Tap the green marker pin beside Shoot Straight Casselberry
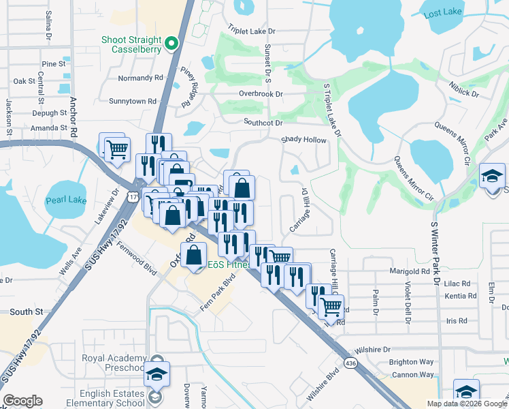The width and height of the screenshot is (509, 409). (x=171, y=46)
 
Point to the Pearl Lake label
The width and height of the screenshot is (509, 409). (x=65, y=201)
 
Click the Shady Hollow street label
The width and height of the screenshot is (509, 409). (x=304, y=140)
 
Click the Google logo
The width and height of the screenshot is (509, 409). (x=22, y=401)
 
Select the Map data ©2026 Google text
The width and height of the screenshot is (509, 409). (x=466, y=403)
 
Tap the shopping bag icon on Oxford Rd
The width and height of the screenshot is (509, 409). (x=194, y=256)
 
